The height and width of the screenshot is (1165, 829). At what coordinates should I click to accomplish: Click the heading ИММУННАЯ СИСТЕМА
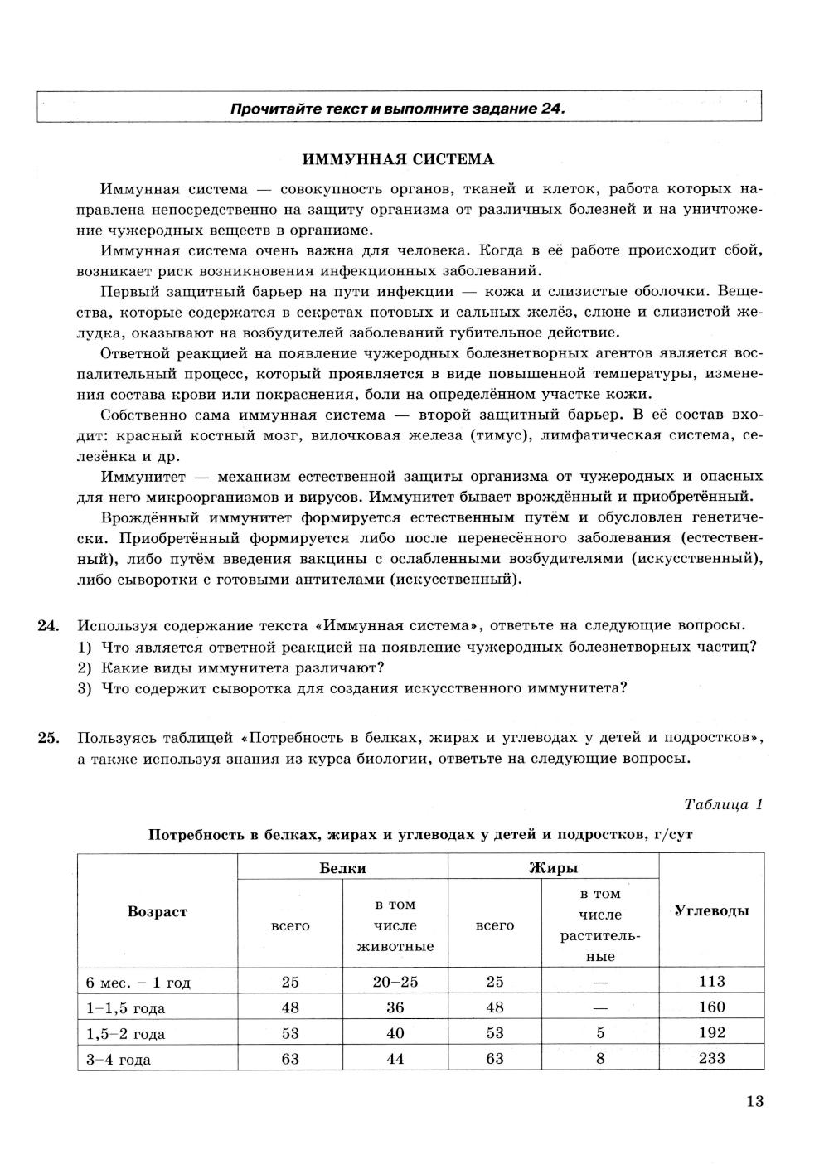click(x=398, y=159)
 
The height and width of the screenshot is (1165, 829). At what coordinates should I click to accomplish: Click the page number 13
click(x=754, y=1102)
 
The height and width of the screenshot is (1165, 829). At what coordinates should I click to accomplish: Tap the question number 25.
click(x=47, y=738)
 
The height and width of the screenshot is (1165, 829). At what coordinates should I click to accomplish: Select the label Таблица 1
click(x=722, y=804)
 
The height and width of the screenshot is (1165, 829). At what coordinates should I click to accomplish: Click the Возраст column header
click(x=158, y=911)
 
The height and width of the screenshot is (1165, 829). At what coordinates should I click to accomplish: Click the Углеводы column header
click(x=711, y=910)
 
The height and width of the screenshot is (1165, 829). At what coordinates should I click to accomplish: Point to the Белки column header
click(x=342, y=868)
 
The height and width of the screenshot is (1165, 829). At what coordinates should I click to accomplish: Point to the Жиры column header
click(x=553, y=868)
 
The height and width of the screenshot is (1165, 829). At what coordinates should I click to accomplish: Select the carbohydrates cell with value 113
click(x=711, y=982)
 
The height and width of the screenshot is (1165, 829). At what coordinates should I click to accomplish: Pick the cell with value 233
click(x=711, y=1058)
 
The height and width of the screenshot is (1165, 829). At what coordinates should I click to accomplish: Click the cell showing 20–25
click(x=395, y=982)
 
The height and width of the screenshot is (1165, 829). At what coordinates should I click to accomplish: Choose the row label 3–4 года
click(x=119, y=1060)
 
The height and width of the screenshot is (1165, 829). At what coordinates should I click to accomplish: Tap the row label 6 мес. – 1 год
click(x=138, y=983)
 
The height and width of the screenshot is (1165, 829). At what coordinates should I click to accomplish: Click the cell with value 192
click(x=711, y=1033)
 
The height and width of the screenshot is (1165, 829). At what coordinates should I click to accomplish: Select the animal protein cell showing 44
click(x=395, y=1058)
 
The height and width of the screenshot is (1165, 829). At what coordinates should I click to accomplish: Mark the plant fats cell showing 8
click(x=600, y=1058)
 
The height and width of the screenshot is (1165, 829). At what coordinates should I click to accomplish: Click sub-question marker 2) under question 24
click(x=84, y=667)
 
